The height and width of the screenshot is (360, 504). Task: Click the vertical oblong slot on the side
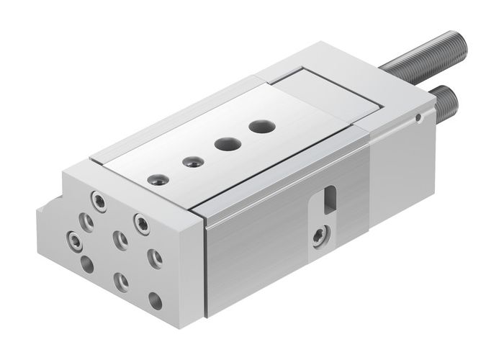point(330,199)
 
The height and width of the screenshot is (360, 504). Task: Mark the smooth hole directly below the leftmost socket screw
point(87,264)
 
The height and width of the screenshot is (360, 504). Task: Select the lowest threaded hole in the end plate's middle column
point(121,282)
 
